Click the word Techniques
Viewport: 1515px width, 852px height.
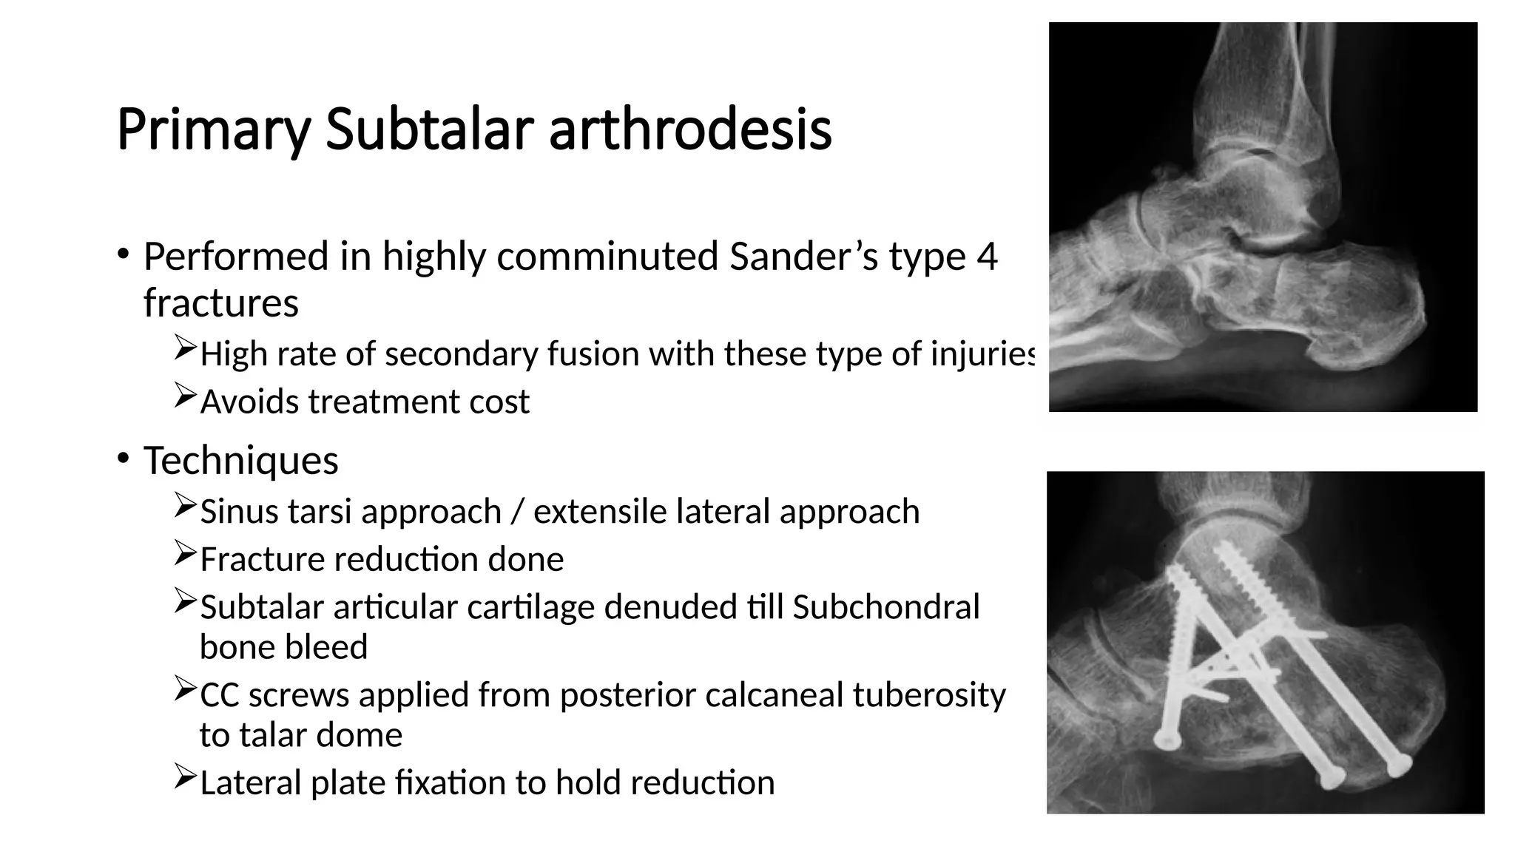click(240, 461)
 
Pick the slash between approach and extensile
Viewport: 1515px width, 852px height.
click(517, 512)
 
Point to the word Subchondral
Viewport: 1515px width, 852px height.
click(885, 607)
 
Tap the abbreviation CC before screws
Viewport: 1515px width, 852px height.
click(220, 695)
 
